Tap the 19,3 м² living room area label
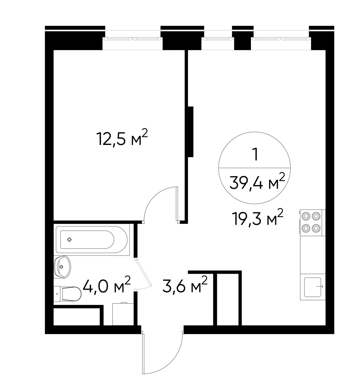click(257, 218)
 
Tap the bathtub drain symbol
click(69, 240)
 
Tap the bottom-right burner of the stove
click(316, 228)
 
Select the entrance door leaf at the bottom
click(143, 353)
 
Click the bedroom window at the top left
click(133, 39)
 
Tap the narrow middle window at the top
click(218, 39)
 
